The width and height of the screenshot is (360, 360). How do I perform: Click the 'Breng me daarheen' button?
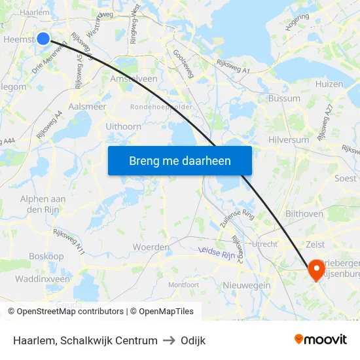179,160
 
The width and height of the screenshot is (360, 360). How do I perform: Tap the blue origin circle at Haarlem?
43,39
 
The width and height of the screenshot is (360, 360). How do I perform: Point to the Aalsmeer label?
88,107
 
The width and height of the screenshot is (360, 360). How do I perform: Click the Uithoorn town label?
123,126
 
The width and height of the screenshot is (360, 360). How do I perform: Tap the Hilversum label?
289,140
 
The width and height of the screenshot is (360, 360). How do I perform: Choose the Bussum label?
283,98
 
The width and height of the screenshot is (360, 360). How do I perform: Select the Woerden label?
151,247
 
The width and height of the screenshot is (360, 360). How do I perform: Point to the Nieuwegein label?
247,285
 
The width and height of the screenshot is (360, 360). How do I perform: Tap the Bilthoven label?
304,214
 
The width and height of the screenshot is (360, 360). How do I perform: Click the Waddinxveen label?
42,279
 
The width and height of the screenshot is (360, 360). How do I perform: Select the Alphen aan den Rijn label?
43,204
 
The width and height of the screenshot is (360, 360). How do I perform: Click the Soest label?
345,178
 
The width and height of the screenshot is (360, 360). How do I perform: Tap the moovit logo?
321,339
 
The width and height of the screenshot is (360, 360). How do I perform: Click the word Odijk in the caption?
193,340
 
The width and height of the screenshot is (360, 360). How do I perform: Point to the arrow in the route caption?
169,340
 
